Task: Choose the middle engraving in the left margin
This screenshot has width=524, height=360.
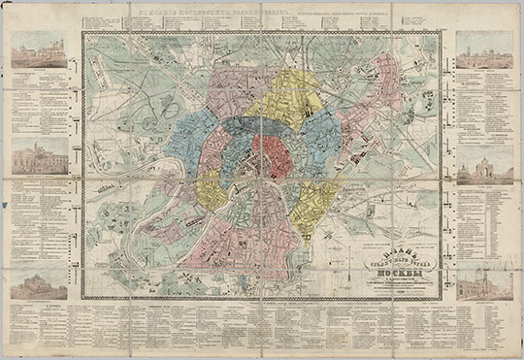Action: pos(40,153)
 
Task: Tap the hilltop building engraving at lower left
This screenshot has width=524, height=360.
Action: pos(40,281)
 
